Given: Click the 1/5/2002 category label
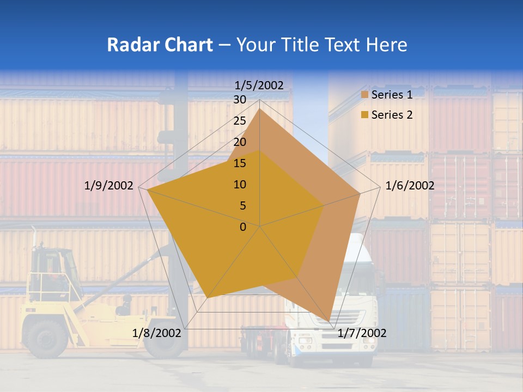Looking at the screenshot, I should click(x=259, y=85).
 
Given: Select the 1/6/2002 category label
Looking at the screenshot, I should click(x=410, y=186).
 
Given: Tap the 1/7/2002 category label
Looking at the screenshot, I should click(x=362, y=333).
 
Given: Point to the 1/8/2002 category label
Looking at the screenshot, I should click(x=156, y=333).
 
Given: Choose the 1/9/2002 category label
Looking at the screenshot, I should click(x=109, y=186).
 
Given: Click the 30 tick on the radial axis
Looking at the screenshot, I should click(x=240, y=100).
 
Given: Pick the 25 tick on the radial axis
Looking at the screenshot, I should click(x=240, y=121).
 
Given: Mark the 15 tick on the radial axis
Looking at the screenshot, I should click(x=240, y=163).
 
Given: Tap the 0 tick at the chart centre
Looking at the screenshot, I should click(x=243, y=226).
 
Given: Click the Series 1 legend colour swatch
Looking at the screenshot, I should click(x=365, y=95).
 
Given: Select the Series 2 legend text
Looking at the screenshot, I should click(x=392, y=115).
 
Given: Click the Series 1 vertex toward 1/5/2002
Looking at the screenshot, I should click(x=259, y=109).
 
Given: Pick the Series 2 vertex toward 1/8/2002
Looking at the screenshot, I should click(x=208, y=297).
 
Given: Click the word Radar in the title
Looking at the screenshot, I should click(x=129, y=45).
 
